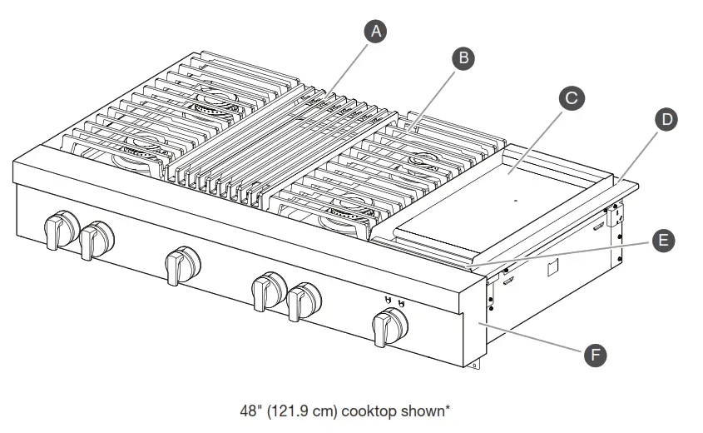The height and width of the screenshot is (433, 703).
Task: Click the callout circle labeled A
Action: click(376, 32)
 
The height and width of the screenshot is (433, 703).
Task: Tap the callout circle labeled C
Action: click(570, 98)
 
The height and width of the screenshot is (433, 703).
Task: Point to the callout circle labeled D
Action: click(665, 119)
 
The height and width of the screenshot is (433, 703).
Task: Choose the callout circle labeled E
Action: click(661, 241)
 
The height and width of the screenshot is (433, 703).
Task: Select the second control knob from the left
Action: click(97, 240)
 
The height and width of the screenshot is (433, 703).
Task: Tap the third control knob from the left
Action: click(181, 264)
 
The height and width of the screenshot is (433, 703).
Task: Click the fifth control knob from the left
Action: click(303, 300)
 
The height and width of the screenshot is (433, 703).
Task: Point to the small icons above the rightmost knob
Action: click(394, 301)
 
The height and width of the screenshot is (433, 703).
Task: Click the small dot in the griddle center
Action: click(516, 201)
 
